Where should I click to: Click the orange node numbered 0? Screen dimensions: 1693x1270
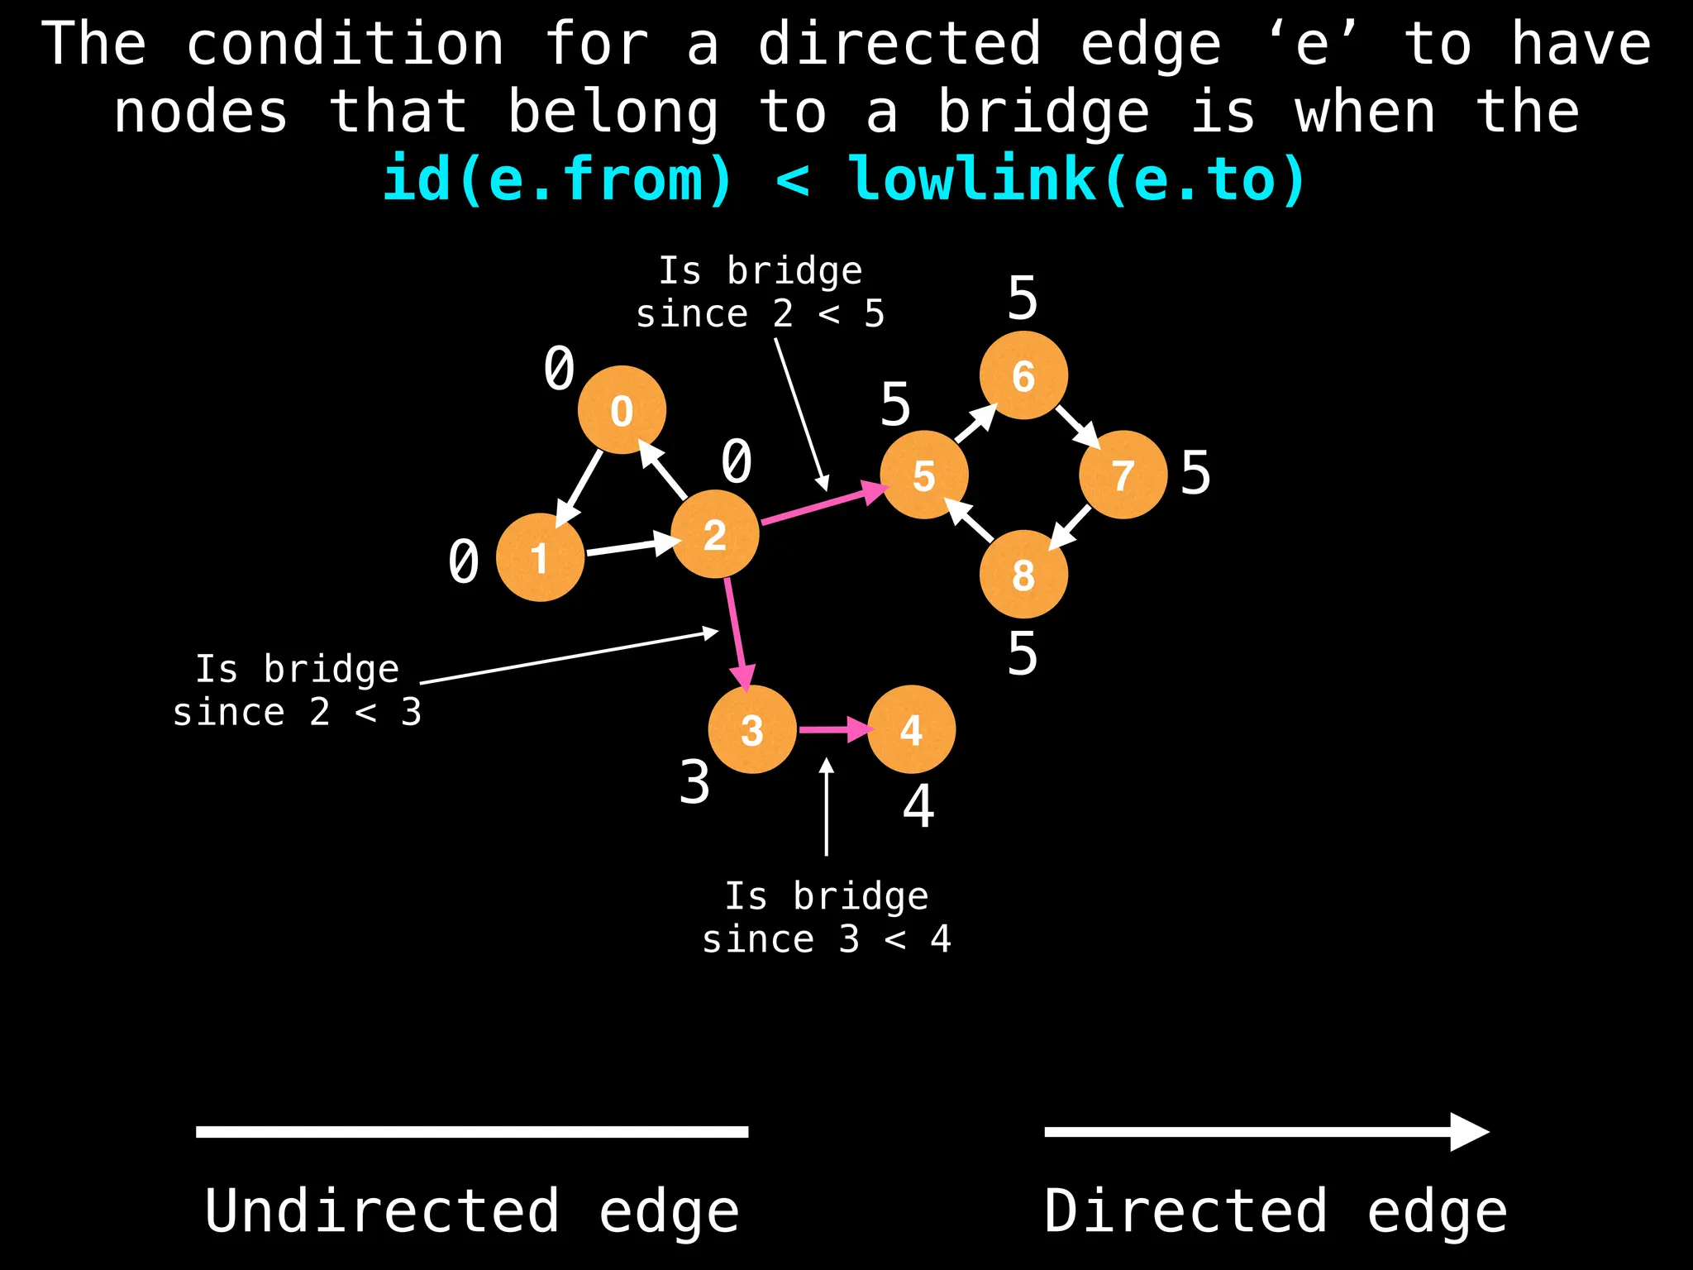[622, 410]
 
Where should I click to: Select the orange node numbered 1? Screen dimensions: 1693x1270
[540, 557]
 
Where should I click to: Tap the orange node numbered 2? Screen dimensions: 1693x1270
[715, 534]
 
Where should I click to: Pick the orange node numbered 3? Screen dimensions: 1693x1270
[752, 729]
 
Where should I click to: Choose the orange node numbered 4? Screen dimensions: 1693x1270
[911, 729]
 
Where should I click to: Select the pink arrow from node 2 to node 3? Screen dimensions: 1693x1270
[738, 633]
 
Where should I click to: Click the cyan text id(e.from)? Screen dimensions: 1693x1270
[558, 179]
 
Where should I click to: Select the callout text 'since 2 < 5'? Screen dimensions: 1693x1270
[760, 314]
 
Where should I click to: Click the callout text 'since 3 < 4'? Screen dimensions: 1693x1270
[826, 939]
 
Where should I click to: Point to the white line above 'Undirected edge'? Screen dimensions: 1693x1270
[472, 1132]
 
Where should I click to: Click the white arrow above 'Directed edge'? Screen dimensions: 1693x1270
[1265, 1132]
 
